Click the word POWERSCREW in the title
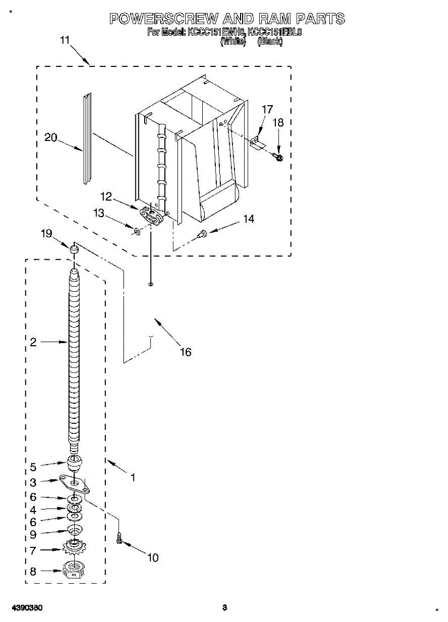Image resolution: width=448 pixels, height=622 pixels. click(x=163, y=19)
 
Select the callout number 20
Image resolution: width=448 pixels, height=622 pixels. click(x=50, y=137)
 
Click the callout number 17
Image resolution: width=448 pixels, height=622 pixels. click(x=267, y=109)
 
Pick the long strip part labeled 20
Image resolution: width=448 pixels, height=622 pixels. click(x=86, y=138)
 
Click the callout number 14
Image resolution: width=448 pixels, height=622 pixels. click(x=249, y=219)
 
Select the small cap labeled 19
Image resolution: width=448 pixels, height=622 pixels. click(x=75, y=250)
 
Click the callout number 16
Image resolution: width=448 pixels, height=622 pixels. click(x=186, y=352)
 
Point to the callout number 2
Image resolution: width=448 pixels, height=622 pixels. click(x=33, y=342)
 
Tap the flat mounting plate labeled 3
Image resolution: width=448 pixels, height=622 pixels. click(x=75, y=483)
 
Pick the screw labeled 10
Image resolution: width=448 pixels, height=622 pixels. click(x=120, y=538)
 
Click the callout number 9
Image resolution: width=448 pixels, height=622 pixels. click(x=33, y=534)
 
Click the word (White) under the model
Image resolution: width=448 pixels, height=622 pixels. click(x=233, y=42)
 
